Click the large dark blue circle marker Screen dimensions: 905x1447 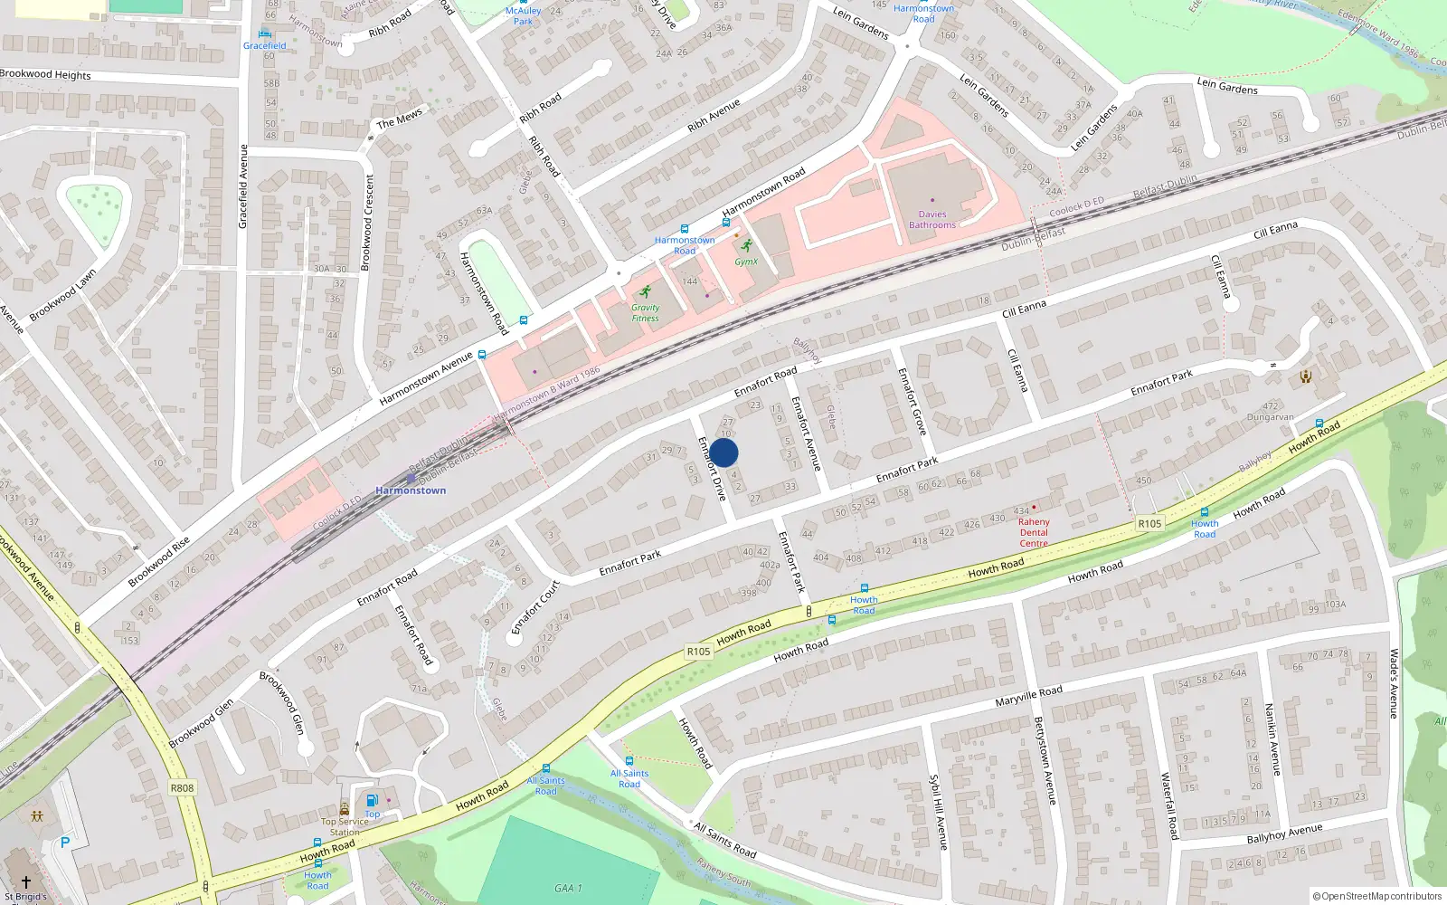tap(723, 452)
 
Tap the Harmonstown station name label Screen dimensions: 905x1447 tap(411, 491)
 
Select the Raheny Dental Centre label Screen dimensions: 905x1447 tap(1034, 532)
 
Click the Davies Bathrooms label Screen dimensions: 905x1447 tap(932, 220)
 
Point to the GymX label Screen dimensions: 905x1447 tap(746, 262)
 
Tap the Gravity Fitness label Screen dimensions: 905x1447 tap(645, 313)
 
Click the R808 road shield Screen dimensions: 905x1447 tap(182, 788)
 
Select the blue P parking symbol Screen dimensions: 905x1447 tap(65, 843)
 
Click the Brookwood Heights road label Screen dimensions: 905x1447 tap(45, 74)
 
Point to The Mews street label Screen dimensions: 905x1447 tap(399, 119)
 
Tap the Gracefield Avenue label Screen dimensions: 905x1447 tap(242, 186)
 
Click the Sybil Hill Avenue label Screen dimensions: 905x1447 tap(937, 811)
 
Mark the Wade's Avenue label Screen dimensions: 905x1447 tap(1394, 683)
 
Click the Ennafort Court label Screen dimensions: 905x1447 tap(535, 607)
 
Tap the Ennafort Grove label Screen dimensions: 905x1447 tap(912, 401)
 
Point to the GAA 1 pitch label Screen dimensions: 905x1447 tap(568, 888)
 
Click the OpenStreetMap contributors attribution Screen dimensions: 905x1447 tap(1377, 896)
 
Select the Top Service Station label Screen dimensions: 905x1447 tap(345, 827)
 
